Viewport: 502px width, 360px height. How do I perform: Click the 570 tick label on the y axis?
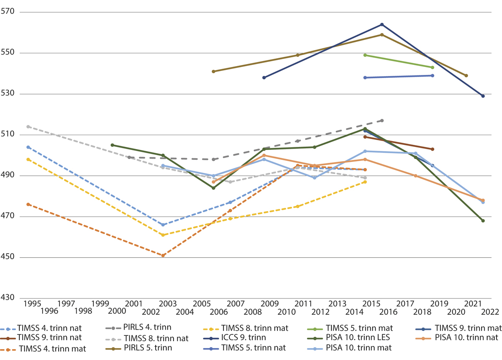pyautogui.click(x=8, y=12)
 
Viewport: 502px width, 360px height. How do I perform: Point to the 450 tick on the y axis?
pyautogui.click(x=8, y=257)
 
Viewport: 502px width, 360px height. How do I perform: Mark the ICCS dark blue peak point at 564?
pyautogui.click(x=382, y=24)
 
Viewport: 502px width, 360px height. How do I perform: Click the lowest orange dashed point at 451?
pyautogui.click(x=163, y=255)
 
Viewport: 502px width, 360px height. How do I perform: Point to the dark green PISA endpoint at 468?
pyautogui.click(x=483, y=221)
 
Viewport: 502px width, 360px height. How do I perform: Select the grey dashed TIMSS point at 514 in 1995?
pyautogui.click(x=28, y=126)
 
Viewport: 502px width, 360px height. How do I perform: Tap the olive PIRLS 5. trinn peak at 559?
pyautogui.click(x=382, y=35)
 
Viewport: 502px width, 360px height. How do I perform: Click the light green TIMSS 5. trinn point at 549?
pyautogui.click(x=365, y=55)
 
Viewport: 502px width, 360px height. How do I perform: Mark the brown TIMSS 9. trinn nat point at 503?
pyautogui.click(x=433, y=149)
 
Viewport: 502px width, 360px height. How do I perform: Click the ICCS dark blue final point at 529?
pyautogui.click(x=483, y=96)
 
